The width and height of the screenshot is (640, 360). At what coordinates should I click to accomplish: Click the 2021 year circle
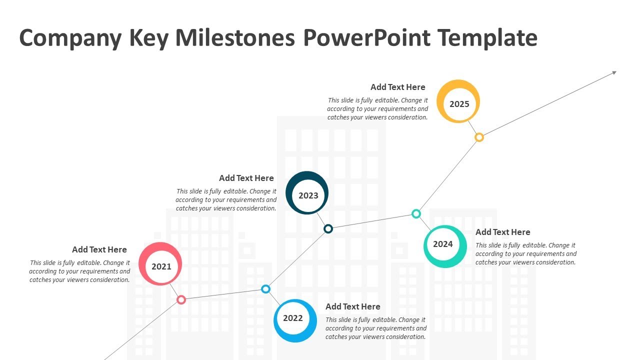160,264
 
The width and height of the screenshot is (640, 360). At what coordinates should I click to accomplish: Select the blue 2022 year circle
295,320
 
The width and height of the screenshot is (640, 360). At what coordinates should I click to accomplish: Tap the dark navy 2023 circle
307,193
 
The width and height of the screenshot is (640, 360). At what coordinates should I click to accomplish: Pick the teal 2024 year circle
444,246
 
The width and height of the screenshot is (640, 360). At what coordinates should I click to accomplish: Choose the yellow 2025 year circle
458,101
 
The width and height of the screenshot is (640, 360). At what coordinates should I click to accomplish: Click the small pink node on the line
181,299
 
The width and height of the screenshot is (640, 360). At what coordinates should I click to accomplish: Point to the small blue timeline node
266,289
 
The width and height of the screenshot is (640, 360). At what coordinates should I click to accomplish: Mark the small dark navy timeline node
328,228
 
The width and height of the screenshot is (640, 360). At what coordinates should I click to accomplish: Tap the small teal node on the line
416,214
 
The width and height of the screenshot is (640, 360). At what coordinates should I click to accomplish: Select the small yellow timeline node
479,137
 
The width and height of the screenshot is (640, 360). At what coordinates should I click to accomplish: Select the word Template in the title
487,38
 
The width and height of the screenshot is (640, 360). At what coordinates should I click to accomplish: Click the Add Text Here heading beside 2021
99,249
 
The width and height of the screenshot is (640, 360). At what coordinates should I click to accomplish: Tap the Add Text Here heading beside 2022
353,306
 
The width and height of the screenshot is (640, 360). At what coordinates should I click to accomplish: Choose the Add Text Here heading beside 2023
246,178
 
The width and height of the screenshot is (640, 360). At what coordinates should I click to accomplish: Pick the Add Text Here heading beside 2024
503,232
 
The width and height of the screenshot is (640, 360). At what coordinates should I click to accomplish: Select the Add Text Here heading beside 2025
398,87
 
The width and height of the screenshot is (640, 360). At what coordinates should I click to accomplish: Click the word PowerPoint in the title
366,38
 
